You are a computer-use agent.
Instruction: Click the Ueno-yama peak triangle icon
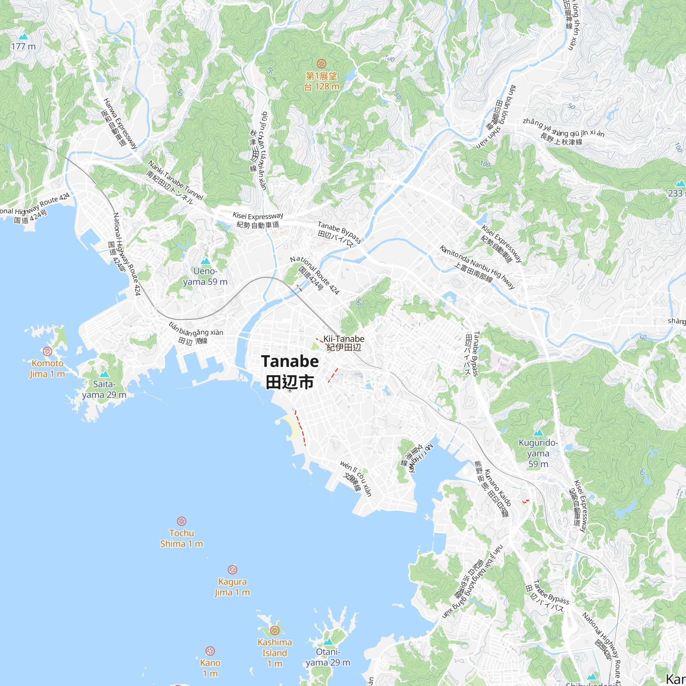(205, 261)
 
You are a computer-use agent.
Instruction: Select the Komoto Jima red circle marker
(47, 352)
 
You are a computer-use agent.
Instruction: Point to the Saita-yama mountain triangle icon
(104, 374)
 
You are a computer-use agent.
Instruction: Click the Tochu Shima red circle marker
(181, 521)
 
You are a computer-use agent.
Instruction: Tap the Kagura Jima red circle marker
(232, 570)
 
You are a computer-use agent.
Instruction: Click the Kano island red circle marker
(210, 651)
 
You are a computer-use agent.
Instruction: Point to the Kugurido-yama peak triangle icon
(538, 433)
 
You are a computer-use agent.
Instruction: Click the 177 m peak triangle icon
(23, 36)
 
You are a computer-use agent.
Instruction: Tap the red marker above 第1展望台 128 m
(321, 64)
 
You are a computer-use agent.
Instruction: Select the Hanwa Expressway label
(120, 123)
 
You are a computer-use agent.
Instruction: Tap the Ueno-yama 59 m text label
(205, 276)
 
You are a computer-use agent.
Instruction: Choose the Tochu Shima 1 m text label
(181, 538)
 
